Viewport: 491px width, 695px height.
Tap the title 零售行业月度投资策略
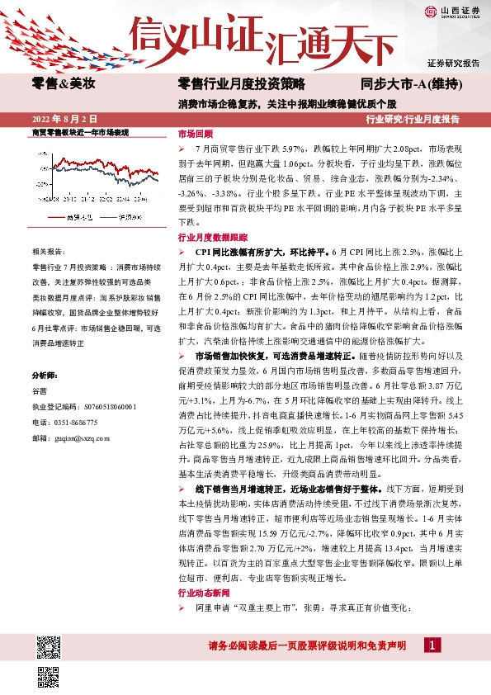point(242,84)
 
